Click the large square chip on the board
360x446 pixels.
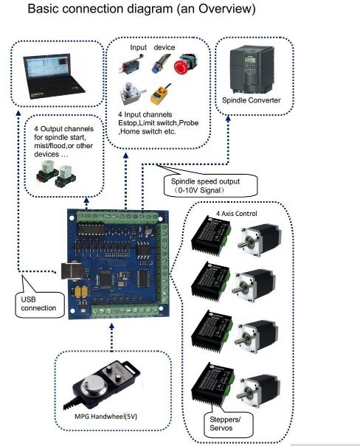point(105,281)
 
